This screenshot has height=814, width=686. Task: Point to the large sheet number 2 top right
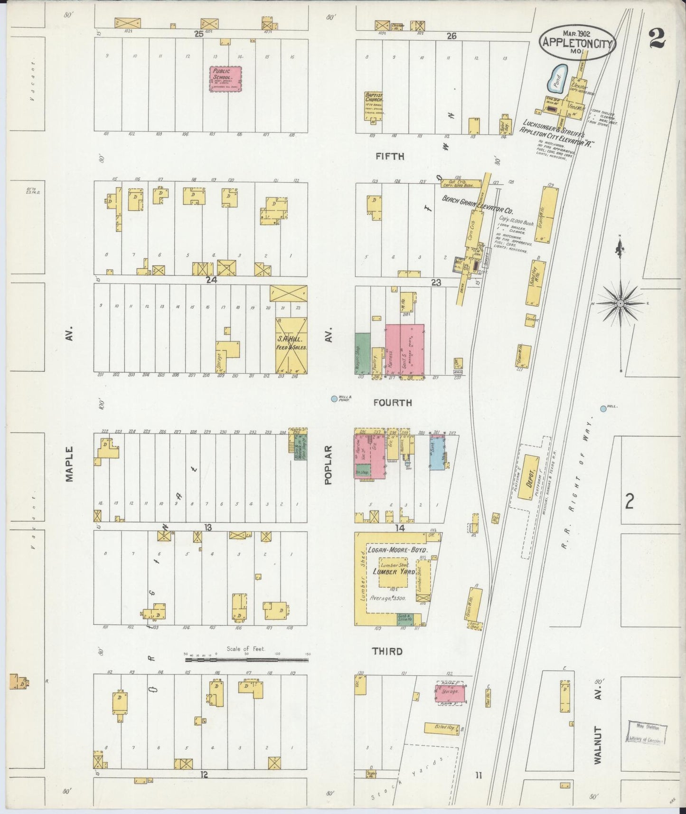(658, 38)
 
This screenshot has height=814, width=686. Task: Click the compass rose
(620, 303)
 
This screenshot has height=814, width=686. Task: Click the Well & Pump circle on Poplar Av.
(334, 399)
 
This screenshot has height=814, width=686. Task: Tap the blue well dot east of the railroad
(603, 408)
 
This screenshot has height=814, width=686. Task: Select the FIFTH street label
(389, 156)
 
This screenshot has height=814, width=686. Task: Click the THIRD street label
(388, 652)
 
